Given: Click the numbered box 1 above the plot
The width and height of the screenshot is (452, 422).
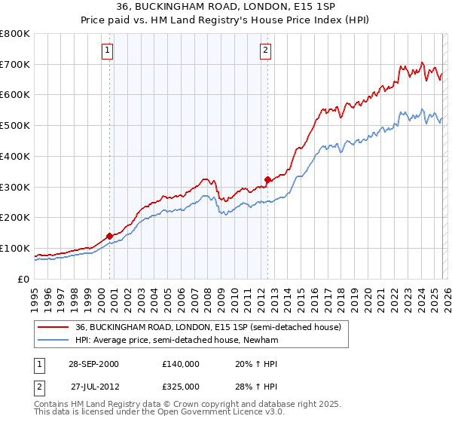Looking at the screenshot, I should pos(107,51).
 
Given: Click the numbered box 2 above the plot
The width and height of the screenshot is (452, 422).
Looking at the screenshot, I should pos(265,51).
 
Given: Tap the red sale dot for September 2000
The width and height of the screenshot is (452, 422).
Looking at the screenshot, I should pos(110,236).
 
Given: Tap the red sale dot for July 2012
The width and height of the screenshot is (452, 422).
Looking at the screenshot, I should pos(267,179).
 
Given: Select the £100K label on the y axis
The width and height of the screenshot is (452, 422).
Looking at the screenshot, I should pos(15,249).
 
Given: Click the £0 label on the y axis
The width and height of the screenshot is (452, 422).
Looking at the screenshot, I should pos(23,280).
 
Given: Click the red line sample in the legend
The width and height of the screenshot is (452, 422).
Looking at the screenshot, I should pos(53,328).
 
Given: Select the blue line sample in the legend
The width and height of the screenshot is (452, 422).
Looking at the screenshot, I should pos(53,340).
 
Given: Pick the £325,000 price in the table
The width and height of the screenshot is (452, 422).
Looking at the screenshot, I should pos(181,386).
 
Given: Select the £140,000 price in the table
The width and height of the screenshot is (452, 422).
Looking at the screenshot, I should pos(181,364).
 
